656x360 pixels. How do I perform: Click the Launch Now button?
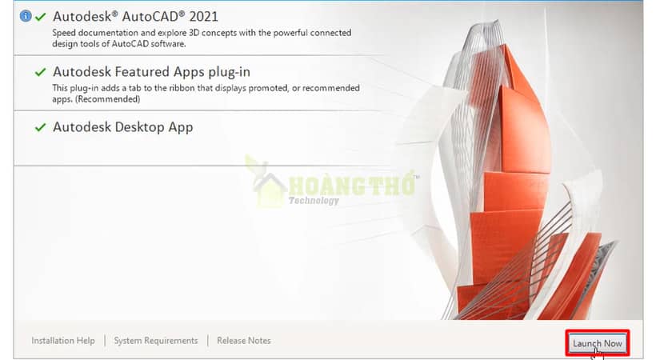[598, 343]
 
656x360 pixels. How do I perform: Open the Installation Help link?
[63, 341]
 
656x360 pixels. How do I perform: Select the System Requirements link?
[156, 341]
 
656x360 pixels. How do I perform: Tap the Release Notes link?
[244, 341]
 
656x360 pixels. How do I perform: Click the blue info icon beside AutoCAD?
[26, 16]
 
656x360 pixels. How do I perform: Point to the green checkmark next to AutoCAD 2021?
[41, 17]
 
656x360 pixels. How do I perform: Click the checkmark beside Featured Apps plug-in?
[41, 72]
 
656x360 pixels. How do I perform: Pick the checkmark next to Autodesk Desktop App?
[41, 127]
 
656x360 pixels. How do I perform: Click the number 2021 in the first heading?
[204, 17]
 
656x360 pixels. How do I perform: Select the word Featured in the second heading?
[142, 72]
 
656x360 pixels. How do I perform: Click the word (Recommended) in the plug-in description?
[108, 99]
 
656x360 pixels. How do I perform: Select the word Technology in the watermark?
[314, 201]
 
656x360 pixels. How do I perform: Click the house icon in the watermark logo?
[268, 190]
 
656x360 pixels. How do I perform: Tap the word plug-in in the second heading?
[230, 73]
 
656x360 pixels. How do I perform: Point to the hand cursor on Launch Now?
[598, 354]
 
